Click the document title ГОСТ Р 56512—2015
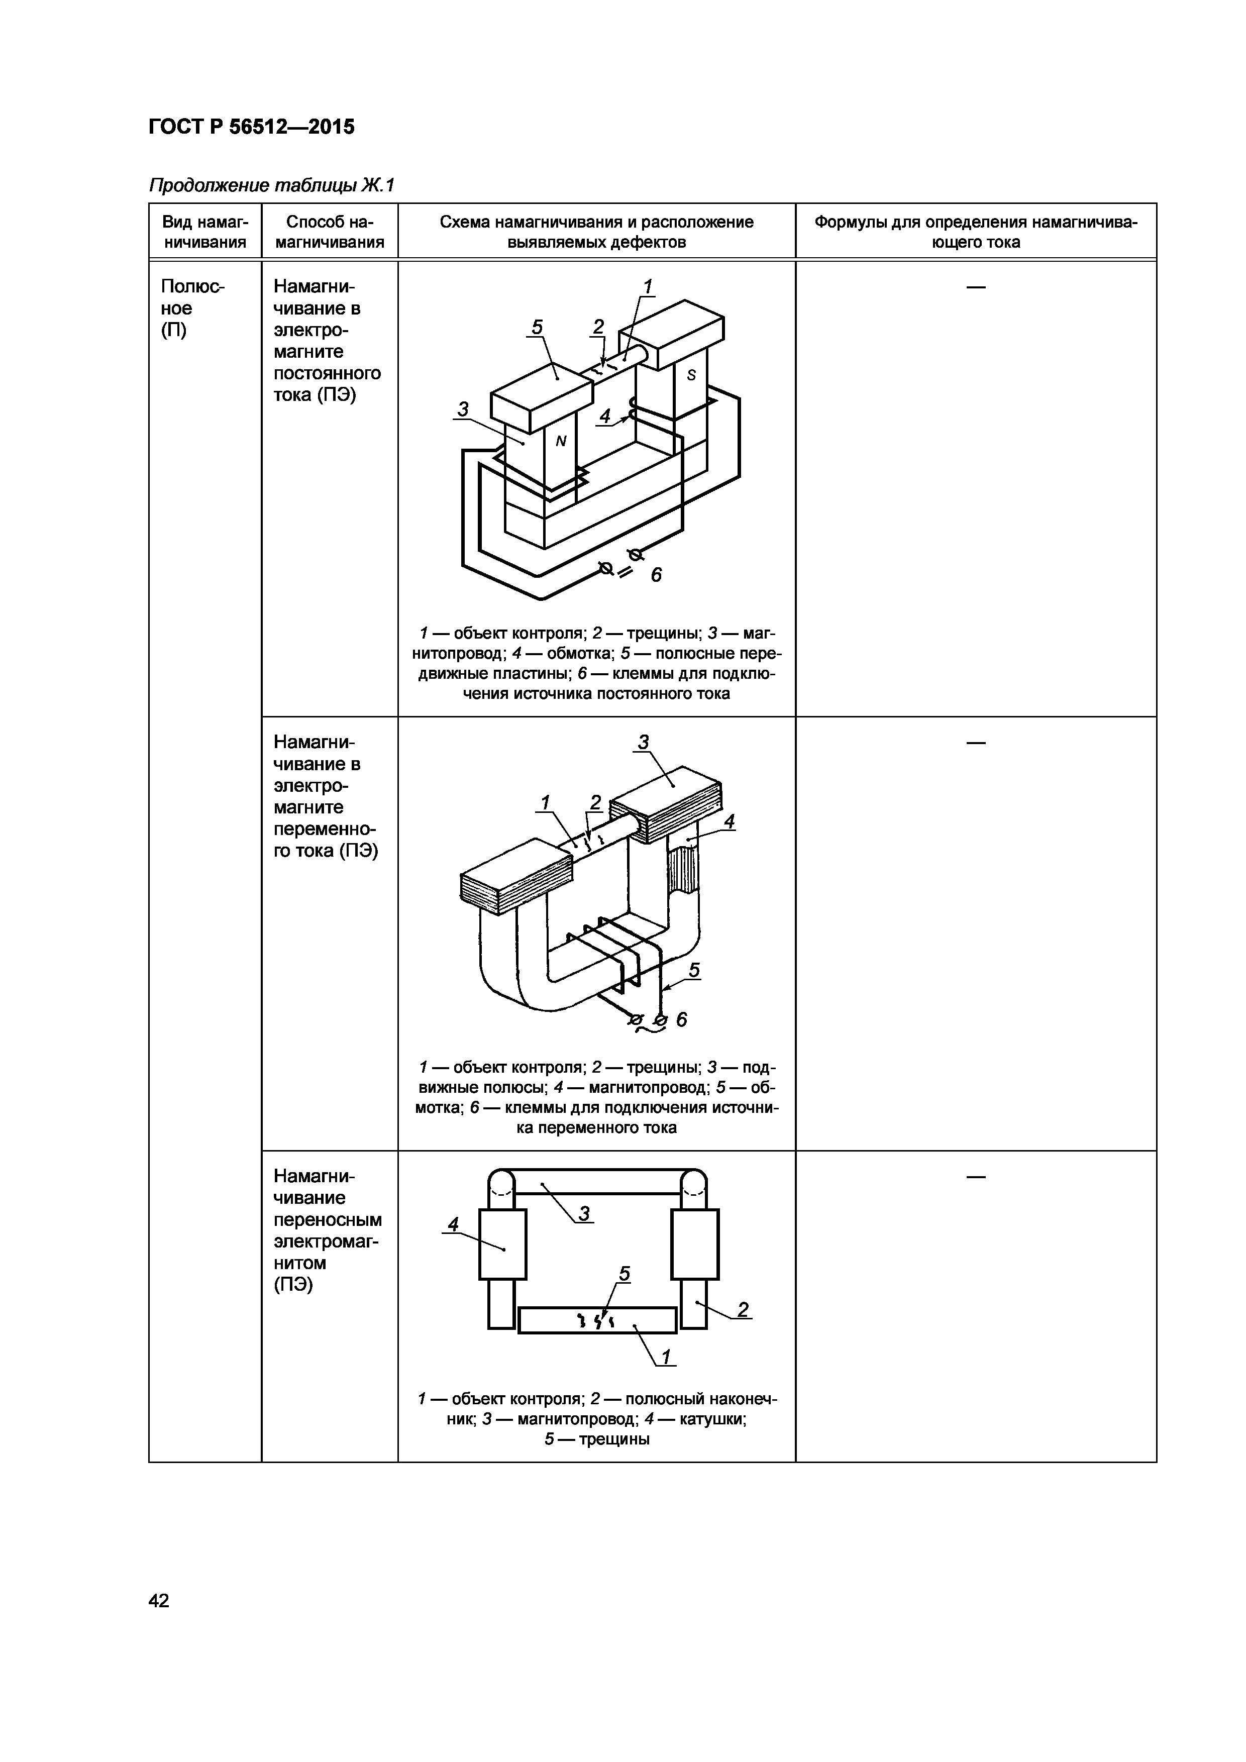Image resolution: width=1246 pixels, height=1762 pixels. click(x=252, y=127)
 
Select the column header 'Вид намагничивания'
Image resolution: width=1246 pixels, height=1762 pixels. click(x=205, y=232)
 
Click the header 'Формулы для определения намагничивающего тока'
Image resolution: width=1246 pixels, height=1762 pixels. click(x=975, y=232)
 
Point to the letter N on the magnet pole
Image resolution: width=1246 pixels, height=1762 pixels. click(x=561, y=441)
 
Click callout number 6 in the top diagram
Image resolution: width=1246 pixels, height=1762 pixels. click(x=656, y=574)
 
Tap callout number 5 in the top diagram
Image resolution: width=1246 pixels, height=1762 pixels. click(x=537, y=328)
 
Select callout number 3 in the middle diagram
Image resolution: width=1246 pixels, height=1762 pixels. click(x=643, y=742)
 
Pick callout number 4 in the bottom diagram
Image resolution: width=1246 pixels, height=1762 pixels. click(x=453, y=1224)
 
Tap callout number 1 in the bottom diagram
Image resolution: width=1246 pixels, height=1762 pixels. click(x=666, y=1357)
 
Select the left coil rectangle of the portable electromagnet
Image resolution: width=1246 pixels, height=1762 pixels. click(x=502, y=1244)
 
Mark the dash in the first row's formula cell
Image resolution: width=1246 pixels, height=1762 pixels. click(x=975, y=287)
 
